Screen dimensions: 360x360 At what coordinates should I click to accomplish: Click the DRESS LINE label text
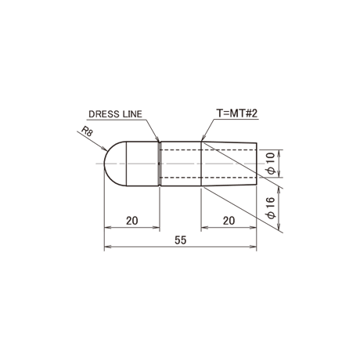(115, 114)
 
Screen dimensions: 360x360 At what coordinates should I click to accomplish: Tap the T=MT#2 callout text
(237, 113)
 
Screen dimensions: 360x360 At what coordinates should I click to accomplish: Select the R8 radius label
(87, 131)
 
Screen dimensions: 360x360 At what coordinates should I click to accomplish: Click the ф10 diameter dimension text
(271, 164)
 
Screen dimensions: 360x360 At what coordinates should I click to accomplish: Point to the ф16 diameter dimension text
(271, 208)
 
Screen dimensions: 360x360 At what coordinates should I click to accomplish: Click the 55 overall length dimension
(181, 240)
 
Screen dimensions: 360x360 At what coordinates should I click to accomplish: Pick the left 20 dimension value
(132, 221)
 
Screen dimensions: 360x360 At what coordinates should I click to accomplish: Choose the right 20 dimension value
(229, 221)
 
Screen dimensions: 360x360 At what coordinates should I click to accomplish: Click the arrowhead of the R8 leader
(105, 149)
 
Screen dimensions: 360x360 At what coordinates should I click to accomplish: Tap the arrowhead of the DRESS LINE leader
(157, 139)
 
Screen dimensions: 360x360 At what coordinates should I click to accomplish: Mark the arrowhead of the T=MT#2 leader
(203, 139)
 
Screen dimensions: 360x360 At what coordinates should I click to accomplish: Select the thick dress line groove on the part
(160, 164)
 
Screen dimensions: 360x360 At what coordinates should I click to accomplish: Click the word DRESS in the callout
(102, 114)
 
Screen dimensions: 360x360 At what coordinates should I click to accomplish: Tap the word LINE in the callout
(131, 114)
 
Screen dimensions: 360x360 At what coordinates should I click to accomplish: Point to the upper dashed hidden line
(207, 150)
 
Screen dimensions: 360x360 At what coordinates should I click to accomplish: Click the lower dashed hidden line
(207, 178)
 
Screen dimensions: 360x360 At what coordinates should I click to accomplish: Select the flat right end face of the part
(257, 164)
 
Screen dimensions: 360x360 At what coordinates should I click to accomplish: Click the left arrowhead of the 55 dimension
(107, 247)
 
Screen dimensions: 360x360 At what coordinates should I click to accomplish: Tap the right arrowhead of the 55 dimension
(254, 247)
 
